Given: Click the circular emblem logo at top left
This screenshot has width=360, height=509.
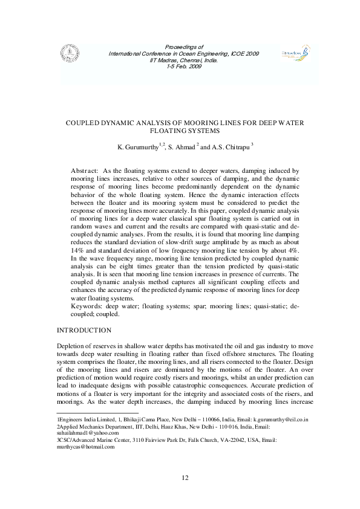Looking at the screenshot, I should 66,53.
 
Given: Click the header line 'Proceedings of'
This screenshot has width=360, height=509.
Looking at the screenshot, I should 184,47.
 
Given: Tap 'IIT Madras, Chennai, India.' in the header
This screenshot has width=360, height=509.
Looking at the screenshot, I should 184,59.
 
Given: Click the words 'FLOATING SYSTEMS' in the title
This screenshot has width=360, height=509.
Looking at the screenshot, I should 184,130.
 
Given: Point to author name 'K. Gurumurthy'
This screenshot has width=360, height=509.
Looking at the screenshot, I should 136,148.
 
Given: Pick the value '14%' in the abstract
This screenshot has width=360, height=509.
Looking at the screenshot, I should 78,250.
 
